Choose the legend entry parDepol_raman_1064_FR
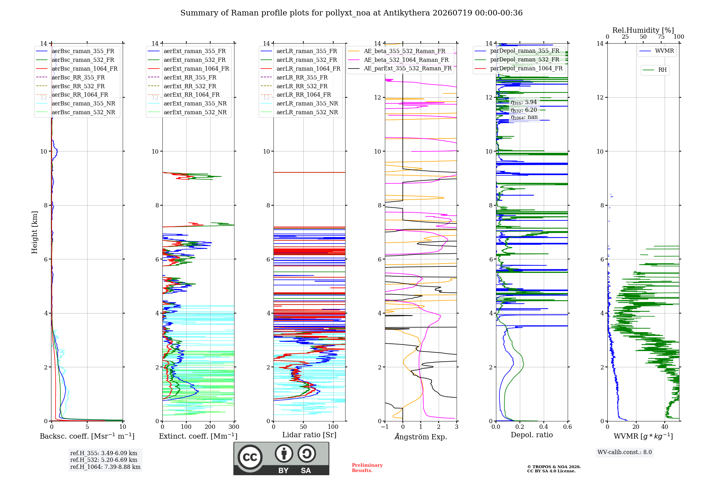pyautogui.click(x=518, y=69)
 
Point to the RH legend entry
pyautogui.click(x=655, y=70)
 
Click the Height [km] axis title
pyautogui.click(x=34, y=232)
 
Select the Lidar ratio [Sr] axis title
pyautogui.click(x=309, y=435)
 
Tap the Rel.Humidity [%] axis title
pyautogui.click(x=643, y=30)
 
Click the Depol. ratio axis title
pyautogui.click(x=532, y=435)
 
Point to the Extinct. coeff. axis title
pyautogui.click(x=198, y=436)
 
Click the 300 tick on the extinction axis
pyautogui.click(x=234, y=427)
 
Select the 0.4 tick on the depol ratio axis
pyautogui.click(x=544, y=427)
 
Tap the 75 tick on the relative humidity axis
pyautogui.click(x=661, y=37)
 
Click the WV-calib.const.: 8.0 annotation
pyautogui.click(x=625, y=452)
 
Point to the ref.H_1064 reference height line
pyautogui.click(x=105, y=467)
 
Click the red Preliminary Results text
pyautogui.click(x=367, y=468)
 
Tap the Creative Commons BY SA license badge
pyautogui.click(x=282, y=459)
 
